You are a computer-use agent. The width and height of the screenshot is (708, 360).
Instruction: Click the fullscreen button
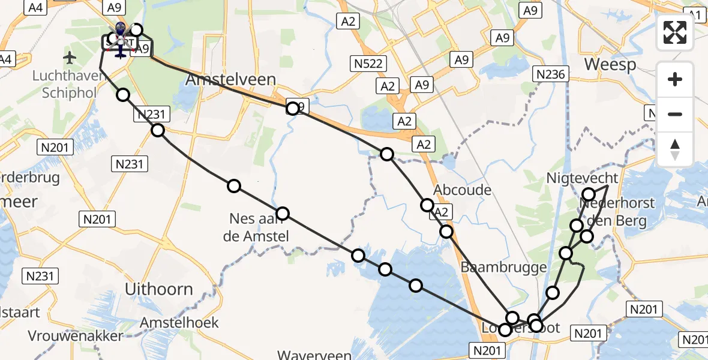[x=675, y=32]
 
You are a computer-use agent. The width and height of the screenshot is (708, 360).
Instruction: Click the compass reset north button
[x=675, y=150]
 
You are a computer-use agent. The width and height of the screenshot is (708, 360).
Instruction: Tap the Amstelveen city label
[x=231, y=80]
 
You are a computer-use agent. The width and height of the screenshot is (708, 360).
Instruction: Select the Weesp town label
[x=610, y=64]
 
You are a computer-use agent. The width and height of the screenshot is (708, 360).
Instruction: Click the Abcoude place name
[x=463, y=190]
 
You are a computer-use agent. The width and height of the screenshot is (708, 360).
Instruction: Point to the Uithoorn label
[x=159, y=289]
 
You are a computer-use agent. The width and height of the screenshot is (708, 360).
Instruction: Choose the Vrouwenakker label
[x=75, y=335]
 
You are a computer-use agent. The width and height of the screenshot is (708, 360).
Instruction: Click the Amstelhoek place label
[x=179, y=322]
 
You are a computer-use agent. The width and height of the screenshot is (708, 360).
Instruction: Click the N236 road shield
[x=551, y=74]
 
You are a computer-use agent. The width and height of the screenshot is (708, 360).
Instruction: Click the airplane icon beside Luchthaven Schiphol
[x=70, y=58]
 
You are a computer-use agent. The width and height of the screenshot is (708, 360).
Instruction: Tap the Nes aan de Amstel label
[x=256, y=227]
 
